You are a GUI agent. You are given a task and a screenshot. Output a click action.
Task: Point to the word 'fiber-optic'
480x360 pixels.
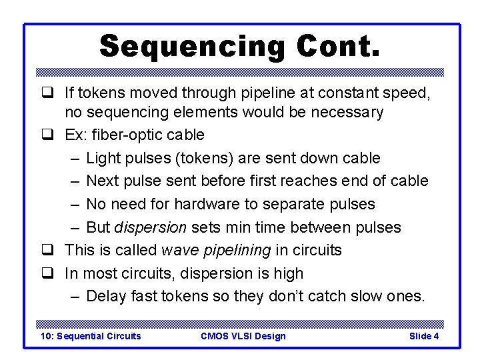coord(122,135)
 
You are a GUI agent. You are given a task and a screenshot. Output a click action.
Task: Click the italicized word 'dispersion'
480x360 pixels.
coord(151,227)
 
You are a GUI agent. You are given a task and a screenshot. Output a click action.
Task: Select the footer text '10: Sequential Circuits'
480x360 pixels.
coord(91,336)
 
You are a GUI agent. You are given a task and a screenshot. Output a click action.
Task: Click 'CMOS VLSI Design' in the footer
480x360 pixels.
coord(243,336)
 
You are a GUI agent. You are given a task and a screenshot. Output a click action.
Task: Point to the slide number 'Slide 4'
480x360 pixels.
coord(423,336)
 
